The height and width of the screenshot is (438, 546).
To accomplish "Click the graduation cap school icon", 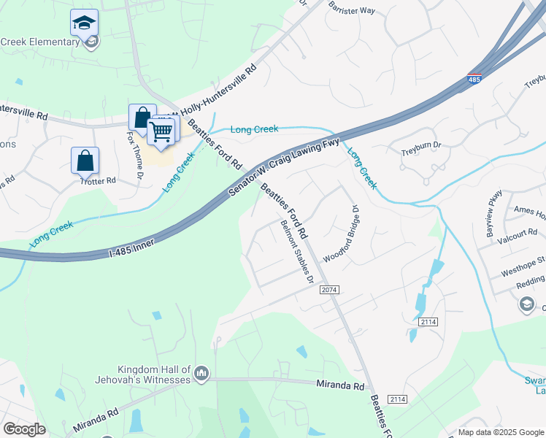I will point(85,23).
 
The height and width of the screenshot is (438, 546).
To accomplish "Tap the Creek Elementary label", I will point(39,42).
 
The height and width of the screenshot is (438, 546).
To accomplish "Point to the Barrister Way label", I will point(351,9).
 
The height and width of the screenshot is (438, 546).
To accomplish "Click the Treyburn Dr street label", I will point(418,154).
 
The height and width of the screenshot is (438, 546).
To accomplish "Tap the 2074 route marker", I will point(329,290).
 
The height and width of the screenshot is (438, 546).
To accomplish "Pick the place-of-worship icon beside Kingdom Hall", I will point(202,374).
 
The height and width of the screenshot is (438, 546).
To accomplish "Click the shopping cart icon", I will point(160,132).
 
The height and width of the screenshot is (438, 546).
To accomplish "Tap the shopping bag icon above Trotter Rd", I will point(85,160).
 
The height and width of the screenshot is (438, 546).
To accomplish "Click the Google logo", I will point(23,429).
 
